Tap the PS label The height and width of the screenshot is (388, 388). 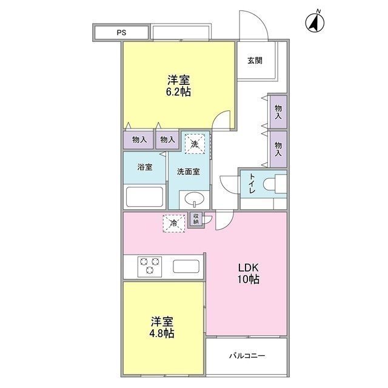click(x=122, y=32)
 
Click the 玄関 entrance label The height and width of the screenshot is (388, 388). click(x=255, y=60)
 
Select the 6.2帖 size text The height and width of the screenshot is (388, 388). click(x=179, y=93)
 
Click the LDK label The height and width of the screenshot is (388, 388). click(x=248, y=267)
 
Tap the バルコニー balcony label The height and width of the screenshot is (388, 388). click(x=247, y=356)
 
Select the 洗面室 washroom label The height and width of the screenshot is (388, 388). click(x=188, y=172)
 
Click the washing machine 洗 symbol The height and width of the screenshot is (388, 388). click(x=194, y=144)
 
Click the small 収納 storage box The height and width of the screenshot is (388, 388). click(x=196, y=219)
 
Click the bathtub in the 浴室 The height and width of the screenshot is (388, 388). click(x=144, y=197)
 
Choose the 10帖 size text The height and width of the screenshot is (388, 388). click(x=248, y=280)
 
